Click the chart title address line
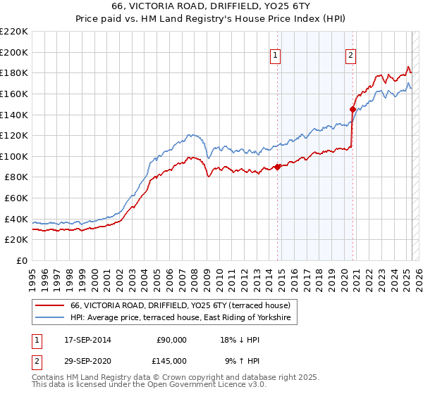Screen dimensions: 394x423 point(211,6)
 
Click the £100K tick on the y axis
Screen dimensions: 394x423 point(15,156)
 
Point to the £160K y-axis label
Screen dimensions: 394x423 point(15,94)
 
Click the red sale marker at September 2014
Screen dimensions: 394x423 point(277,167)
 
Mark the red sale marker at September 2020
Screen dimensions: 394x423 point(352,109)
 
